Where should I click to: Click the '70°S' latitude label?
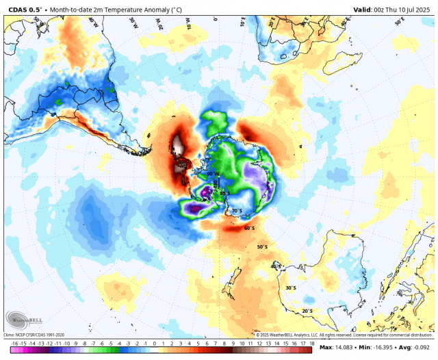coord(237,211)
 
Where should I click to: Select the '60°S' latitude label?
coord(250,229)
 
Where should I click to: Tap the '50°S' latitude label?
coord(262,247)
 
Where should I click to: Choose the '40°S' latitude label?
coord(276,266)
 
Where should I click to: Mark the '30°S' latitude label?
coord(291,288)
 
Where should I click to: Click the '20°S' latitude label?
coord(307,311)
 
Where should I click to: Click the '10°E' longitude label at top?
coord(243,23)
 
